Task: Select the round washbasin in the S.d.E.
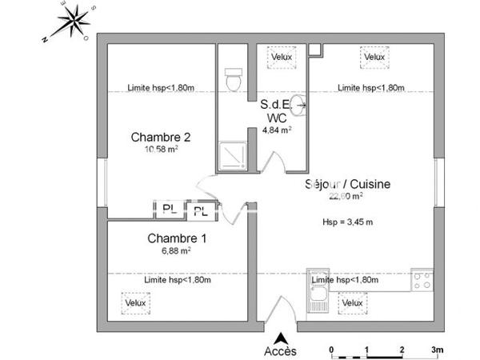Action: click(x=297, y=103)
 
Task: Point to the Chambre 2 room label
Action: click(x=161, y=137)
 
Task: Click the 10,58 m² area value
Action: click(x=161, y=149)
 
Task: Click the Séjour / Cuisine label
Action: click(x=348, y=184)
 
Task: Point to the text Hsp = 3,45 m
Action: click(x=349, y=222)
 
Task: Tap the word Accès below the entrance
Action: click(x=280, y=351)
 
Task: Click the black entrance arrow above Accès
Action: click(x=280, y=337)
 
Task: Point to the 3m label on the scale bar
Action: click(x=438, y=350)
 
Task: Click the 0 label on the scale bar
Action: click(x=331, y=350)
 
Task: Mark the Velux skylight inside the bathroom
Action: click(x=281, y=58)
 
